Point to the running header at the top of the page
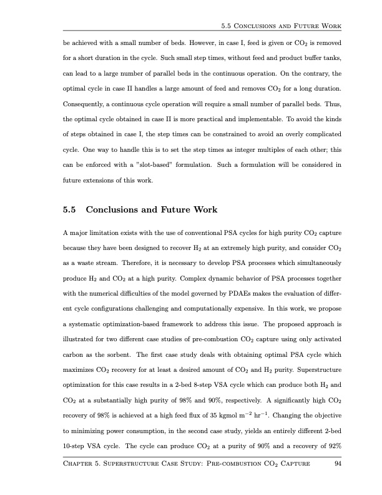click(x=284, y=26)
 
